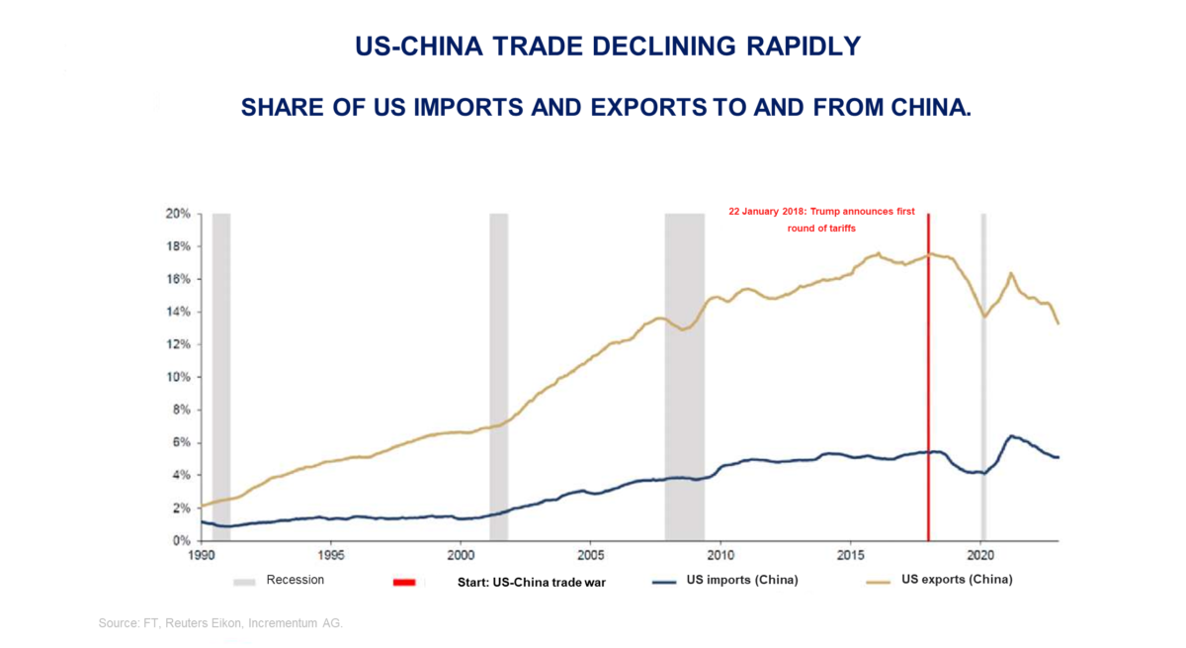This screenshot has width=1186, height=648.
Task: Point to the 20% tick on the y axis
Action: (179, 214)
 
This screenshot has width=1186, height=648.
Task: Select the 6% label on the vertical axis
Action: (182, 442)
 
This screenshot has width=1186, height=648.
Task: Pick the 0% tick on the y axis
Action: (182, 541)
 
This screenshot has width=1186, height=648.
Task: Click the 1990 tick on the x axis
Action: (201, 556)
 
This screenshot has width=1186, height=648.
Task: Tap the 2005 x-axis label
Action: (591, 556)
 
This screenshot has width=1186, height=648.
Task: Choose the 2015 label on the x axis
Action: (851, 556)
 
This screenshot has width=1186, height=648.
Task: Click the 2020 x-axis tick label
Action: (980, 556)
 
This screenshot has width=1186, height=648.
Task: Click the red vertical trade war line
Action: (928, 396)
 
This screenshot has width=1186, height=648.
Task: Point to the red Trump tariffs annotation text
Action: (821, 220)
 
